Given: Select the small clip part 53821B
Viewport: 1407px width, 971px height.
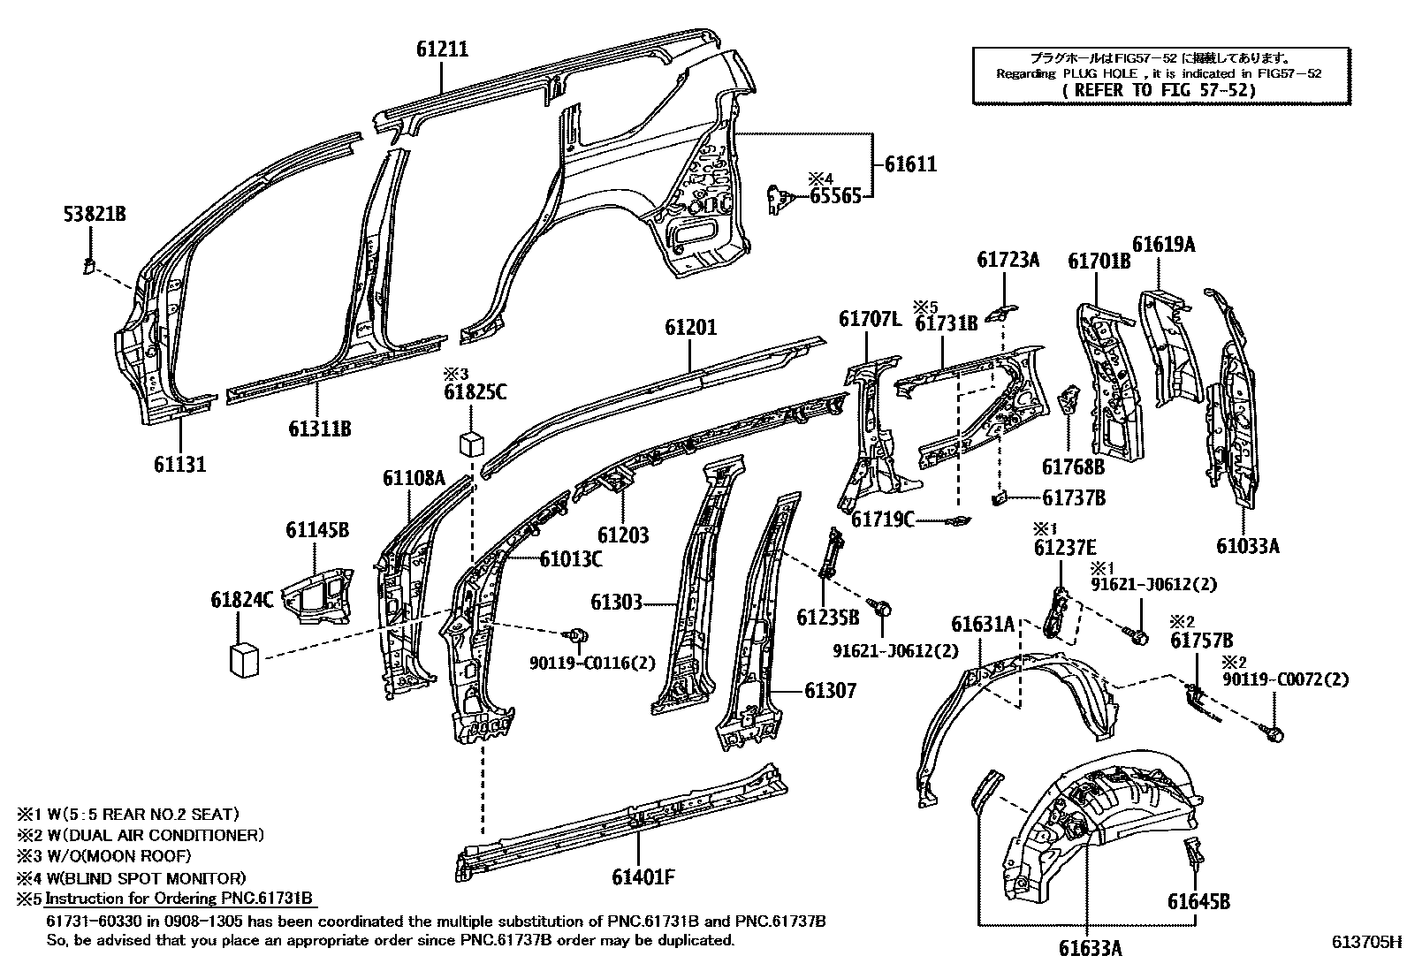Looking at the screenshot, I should click(x=89, y=264).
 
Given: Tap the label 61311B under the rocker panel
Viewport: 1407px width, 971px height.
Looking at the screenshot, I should click(x=320, y=429).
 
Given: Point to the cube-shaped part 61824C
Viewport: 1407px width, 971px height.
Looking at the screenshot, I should click(x=244, y=659).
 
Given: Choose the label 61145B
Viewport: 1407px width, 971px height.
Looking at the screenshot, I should click(x=316, y=530).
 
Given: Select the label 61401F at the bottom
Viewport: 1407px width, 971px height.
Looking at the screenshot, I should click(x=643, y=877).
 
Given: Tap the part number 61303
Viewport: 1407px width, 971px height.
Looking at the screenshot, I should click(x=616, y=603).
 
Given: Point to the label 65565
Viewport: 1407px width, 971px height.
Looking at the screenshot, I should click(x=835, y=196).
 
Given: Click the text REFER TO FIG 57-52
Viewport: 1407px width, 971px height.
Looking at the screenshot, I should click(x=1159, y=90).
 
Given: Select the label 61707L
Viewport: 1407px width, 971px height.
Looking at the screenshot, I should click(x=870, y=319).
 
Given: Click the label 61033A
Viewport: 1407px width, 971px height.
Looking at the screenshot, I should click(x=1247, y=545).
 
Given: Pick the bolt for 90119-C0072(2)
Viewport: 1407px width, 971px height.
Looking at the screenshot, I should click(x=1274, y=732).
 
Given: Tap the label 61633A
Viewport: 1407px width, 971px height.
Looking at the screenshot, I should click(x=1091, y=948).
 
